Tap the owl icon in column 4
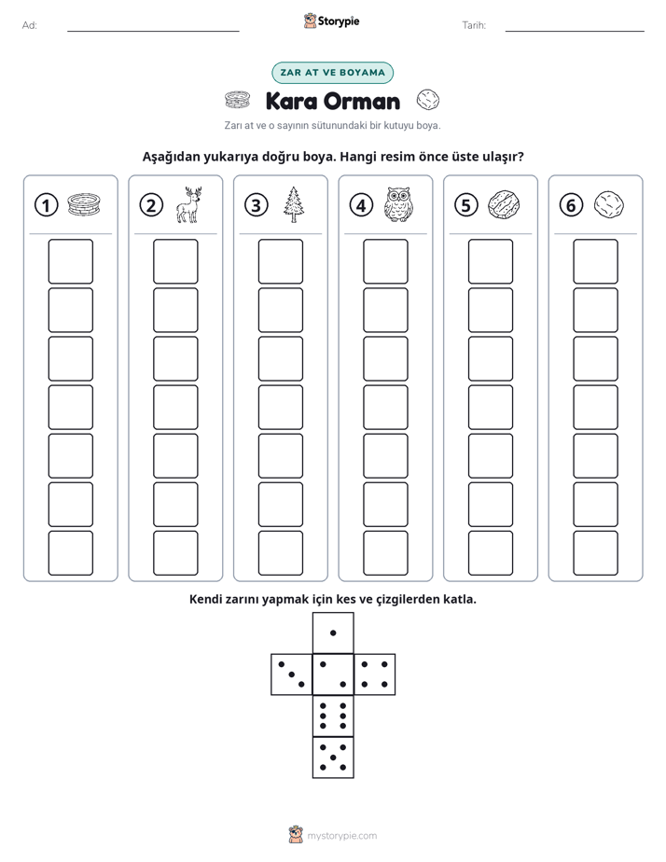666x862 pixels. (398, 204)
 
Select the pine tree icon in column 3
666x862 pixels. (294, 204)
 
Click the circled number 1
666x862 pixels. (46, 205)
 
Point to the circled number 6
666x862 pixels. (571, 205)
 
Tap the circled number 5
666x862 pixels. (466, 205)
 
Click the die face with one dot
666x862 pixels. (333, 633)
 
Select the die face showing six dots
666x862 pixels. (333, 716)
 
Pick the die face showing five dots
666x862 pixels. (333, 757)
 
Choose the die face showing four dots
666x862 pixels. (374, 674)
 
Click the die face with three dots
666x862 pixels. (292, 674)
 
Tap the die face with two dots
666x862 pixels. (333, 674)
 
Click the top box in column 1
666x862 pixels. (70, 261)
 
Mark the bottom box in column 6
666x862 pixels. (595, 553)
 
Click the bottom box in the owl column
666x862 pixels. (385, 553)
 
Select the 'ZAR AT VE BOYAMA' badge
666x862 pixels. (332, 73)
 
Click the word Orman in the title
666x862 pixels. (362, 101)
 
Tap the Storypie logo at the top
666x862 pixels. (332, 21)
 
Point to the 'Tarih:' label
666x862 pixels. (474, 25)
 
